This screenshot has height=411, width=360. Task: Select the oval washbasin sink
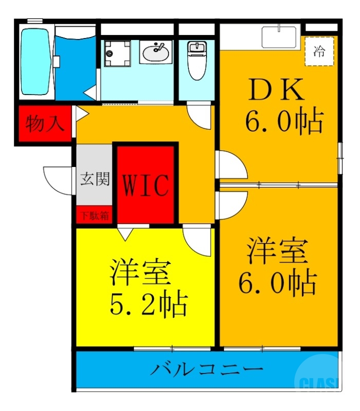(x=156, y=52)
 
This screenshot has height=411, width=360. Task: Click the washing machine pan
(x=118, y=54)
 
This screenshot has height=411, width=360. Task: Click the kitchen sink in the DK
(x=279, y=36)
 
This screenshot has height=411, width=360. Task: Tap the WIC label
(x=145, y=185)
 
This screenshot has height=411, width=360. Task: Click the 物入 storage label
(x=45, y=124)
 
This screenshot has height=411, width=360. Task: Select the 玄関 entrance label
(x=94, y=179)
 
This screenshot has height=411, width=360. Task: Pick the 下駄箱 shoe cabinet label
(x=94, y=215)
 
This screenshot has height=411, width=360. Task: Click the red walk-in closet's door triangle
(x=124, y=234)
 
